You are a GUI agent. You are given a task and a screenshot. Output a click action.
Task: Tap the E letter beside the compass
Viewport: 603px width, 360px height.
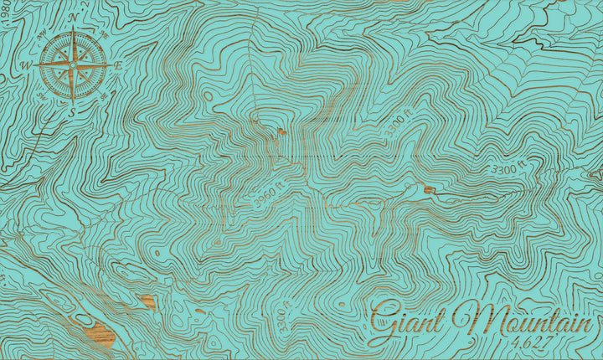tap(119, 65)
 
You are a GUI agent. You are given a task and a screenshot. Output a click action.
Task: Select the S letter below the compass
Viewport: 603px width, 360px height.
tap(72, 110)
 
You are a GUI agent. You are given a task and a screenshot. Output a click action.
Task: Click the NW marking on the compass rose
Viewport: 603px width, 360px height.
tap(43, 34)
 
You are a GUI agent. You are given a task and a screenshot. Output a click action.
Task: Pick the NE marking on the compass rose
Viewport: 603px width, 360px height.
tap(104, 35)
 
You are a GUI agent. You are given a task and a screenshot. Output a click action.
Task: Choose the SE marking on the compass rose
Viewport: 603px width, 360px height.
tap(103, 95)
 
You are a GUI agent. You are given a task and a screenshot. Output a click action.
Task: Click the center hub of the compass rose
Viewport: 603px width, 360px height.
tap(73, 64)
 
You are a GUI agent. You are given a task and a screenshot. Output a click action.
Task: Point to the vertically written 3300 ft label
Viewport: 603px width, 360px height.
tap(282, 319)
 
